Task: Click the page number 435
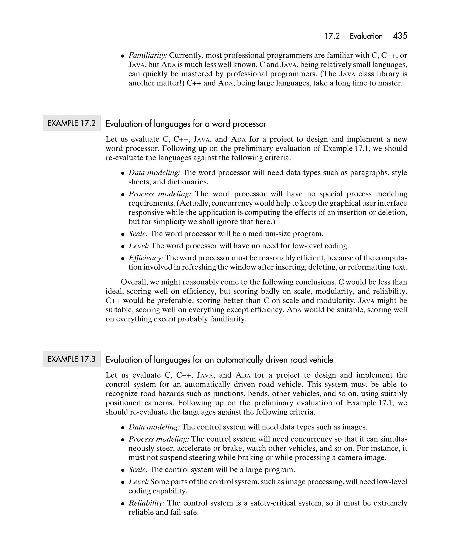(x=400, y=36)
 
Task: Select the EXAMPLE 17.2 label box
(x=71, y=123)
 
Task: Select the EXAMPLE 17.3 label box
(x=71, y=359)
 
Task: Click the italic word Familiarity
(x=148, y=55)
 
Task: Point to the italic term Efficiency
(x=146, y=258)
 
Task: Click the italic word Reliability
(x=147, y=503)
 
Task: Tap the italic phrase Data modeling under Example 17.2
(x=154, y=172)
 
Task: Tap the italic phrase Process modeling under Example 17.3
(x=159, y=439)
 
